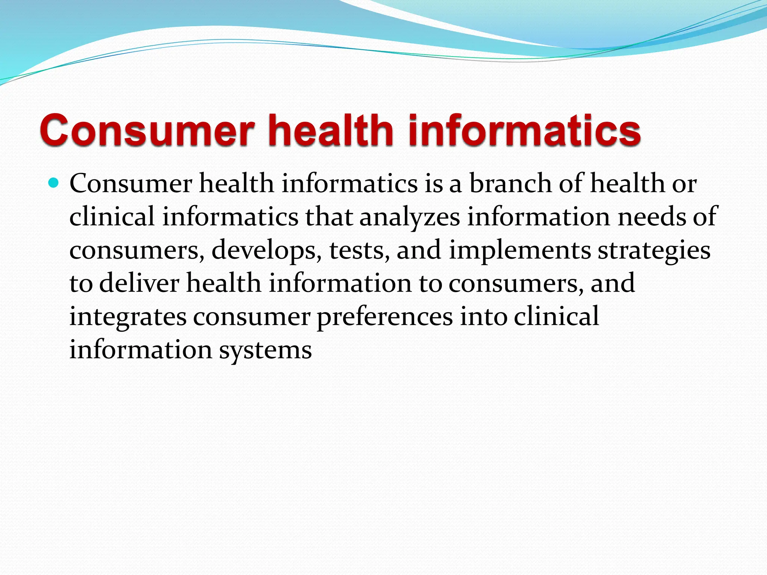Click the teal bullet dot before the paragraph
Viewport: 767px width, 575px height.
[54, 183]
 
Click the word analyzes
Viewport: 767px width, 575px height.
[410, 217]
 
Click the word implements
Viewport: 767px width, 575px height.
[520, 250]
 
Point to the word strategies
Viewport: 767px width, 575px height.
[654, 250]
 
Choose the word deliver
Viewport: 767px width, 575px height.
[139, 283]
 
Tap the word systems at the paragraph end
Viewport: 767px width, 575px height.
[265, 350]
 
